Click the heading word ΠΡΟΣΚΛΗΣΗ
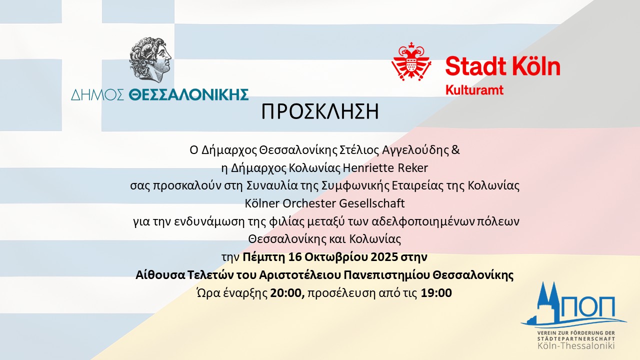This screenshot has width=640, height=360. tap(320, 111)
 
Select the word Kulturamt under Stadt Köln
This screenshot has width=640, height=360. tap(474, 90)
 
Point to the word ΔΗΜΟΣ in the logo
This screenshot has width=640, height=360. tap(97, 94)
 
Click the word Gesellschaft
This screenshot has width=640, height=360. tap(371, 203)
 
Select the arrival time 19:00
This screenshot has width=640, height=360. tap(436, 293)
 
